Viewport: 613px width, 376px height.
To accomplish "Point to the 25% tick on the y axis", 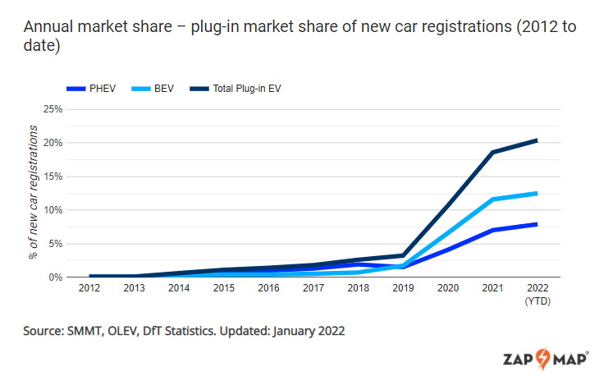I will coord(53,108).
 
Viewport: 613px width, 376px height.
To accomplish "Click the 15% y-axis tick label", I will coord(53,176).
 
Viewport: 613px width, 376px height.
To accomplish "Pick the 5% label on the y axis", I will coord(55,243).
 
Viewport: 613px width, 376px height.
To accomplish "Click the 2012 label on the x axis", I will coord(90,289).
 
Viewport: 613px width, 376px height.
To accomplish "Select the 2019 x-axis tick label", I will coord(403,289).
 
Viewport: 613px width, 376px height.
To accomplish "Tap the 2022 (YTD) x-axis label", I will coord(537,294).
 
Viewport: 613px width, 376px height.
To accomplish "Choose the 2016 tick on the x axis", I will coord(269,289).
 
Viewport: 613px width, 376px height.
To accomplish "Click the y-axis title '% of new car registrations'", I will coord(34,193).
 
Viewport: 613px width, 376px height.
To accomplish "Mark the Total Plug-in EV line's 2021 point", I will coord(492,152).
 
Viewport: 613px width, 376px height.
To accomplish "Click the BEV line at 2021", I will coord(492,199).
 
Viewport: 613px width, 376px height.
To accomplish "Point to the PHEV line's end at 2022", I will coord(537,224).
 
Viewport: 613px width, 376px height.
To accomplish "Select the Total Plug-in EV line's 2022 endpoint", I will coord(537,140).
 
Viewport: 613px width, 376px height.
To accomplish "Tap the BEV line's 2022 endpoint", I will coord(537,193).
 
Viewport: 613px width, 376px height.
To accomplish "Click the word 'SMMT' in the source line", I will coord(89,331).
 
